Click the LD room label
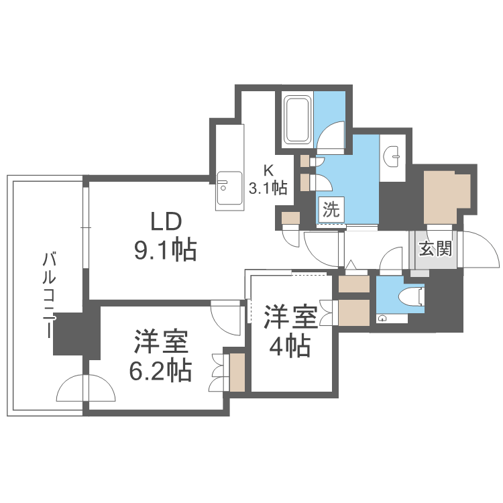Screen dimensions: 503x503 (x=164, y=221)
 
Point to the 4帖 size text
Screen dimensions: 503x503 (x=290, y=346)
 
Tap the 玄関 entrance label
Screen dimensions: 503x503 (x=435, y=249)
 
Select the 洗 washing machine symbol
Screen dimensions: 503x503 (x=331, y=209)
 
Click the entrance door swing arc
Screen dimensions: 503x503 (x=482, y=249)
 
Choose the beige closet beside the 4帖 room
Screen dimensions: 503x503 (x=354, y=312)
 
